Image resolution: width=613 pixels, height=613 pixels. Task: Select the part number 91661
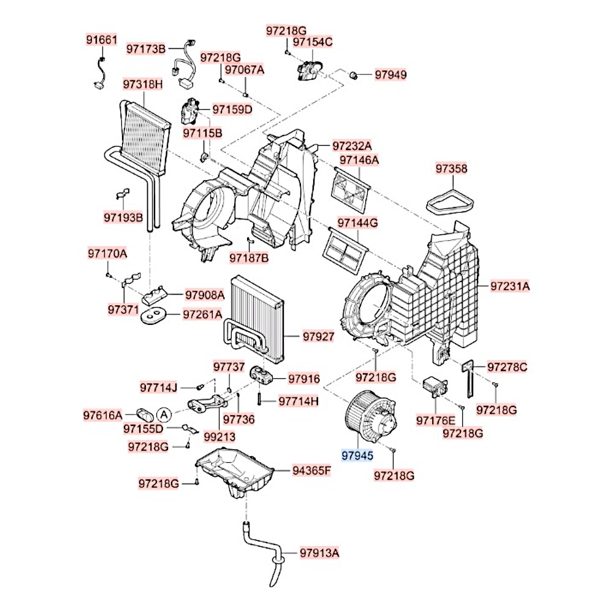100,40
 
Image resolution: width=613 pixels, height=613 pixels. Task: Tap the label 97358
451,168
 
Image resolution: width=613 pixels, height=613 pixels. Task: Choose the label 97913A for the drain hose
319,553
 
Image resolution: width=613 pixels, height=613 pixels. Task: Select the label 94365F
311,471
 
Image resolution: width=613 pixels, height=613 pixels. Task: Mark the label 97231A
509,286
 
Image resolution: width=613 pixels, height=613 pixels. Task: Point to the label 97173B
146,48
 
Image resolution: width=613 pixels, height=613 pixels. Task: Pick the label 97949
390,75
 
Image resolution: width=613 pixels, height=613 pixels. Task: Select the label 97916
304,379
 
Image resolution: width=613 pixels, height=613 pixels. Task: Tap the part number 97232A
352,147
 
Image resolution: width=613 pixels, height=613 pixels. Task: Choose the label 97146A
359,161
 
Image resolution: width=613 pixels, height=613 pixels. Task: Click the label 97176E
435,420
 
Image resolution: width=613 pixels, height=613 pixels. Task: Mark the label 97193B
123,217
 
